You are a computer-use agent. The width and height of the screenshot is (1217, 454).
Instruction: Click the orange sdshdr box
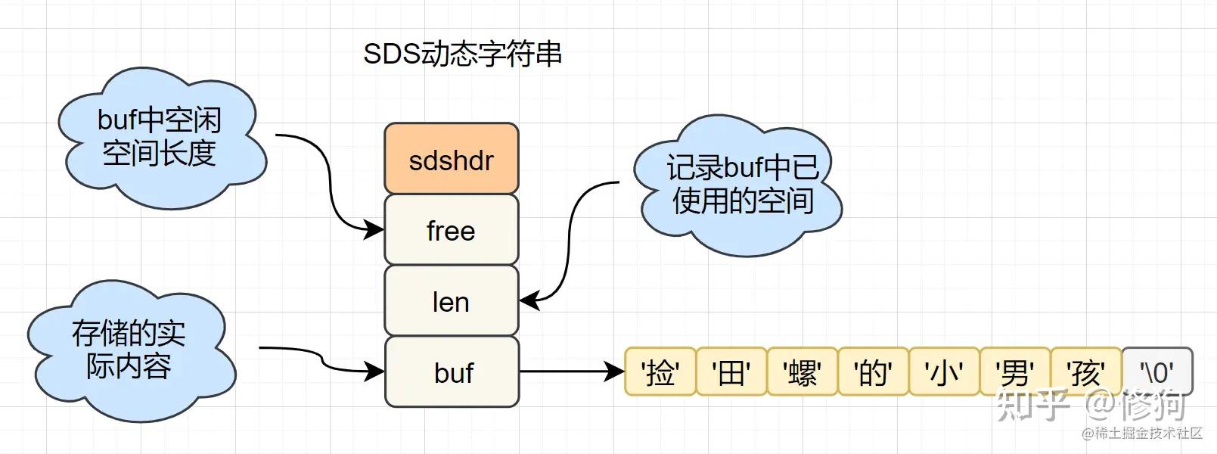452,159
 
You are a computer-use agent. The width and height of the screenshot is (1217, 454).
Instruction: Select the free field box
452,229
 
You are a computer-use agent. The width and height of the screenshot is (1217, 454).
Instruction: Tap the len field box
452,301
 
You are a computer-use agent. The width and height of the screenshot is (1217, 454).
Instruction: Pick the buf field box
452,372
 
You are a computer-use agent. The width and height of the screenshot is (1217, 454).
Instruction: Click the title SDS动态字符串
462,54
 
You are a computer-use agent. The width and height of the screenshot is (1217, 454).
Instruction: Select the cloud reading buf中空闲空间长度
160,138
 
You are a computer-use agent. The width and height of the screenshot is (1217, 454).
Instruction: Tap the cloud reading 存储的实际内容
129,350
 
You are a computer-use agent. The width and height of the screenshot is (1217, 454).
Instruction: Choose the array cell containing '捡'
660,372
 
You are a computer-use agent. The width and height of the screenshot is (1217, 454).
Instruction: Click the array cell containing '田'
731,372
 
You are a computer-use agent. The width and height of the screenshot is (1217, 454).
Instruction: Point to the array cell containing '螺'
802,372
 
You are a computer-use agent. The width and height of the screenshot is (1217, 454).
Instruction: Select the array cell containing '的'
872,372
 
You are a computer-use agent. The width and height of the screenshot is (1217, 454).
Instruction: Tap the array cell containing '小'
943,372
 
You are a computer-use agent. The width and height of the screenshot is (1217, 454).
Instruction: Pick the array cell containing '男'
1014,372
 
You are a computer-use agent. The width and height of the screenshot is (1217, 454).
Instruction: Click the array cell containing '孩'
1085,372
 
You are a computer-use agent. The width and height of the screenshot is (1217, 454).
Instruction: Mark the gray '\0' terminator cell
1157,372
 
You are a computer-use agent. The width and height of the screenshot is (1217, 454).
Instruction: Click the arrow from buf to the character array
571,372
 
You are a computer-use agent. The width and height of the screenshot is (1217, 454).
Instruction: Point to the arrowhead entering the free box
374,229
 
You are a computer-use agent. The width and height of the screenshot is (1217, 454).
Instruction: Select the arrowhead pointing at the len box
529,300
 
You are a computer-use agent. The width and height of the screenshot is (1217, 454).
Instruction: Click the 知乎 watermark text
1032,406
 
